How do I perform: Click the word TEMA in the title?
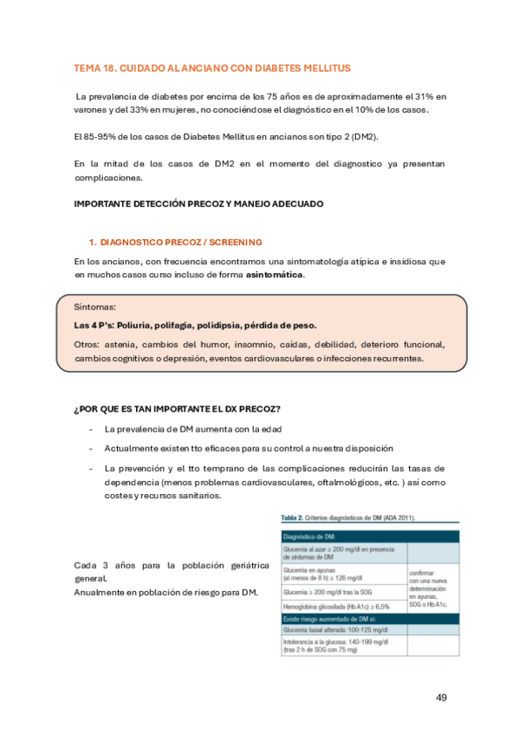(88, 68)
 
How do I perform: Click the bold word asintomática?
(276, 275)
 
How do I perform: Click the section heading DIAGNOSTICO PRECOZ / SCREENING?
(181, 241)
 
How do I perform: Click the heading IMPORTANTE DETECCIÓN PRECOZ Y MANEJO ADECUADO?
(199, 205)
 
